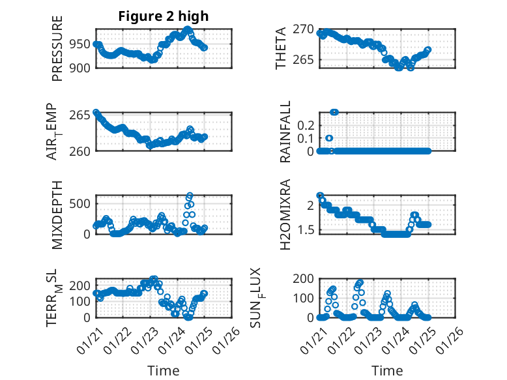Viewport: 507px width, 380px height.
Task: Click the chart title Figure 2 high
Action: (163, 16)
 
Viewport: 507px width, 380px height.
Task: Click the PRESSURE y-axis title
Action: (58, 53)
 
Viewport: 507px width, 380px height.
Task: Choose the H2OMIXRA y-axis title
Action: (285, 214)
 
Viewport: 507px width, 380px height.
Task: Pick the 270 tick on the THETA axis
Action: (306, 29)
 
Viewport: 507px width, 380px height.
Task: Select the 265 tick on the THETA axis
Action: (306, 60)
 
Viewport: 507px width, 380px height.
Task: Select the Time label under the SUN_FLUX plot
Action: (387, 370)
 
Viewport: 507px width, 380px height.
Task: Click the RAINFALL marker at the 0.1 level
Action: (329, 138)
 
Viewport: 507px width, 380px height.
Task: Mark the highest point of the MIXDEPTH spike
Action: (190, 195)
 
